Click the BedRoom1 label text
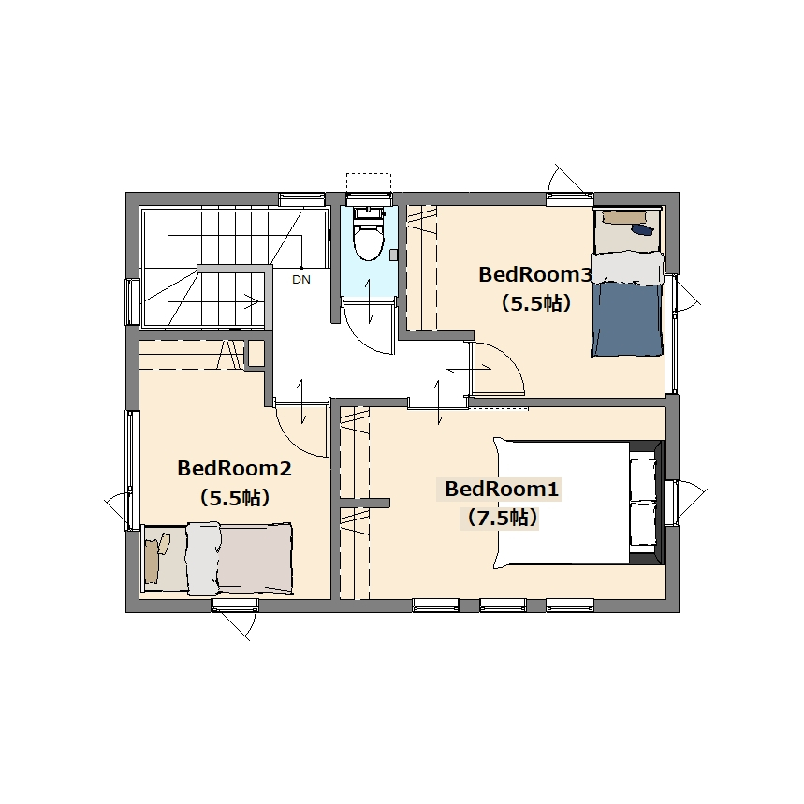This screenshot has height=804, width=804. [x=501, y=490]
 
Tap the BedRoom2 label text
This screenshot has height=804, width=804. [x=234, y=468]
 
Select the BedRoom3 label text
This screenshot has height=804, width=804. [x=535, y=275]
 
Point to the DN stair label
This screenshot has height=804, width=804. [x=301, y=280]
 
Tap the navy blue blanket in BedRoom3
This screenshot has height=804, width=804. [x=627, y=319]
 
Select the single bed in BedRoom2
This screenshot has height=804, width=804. [x=218, y=559]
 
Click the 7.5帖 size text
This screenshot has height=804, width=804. [x=502, y=518]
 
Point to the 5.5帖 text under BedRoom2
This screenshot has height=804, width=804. [x=234, y=497]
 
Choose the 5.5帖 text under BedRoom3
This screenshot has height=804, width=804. [x=535, y=303]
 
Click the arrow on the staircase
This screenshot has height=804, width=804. [x=252, y=301]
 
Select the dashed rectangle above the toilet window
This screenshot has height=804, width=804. [x=369, y=183]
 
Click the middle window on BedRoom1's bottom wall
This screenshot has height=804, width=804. [x=503, y=606]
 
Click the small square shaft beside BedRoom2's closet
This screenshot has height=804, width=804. [x=256, y=354]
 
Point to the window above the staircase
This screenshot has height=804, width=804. [x=302, y=199]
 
